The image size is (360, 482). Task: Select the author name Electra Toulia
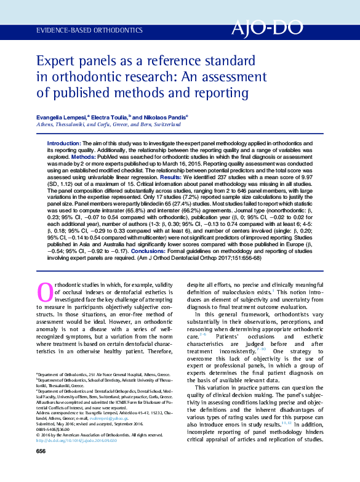pos(112,116)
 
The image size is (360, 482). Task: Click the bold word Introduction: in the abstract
pos(63,143)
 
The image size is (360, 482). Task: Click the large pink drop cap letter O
pos(46,291)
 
